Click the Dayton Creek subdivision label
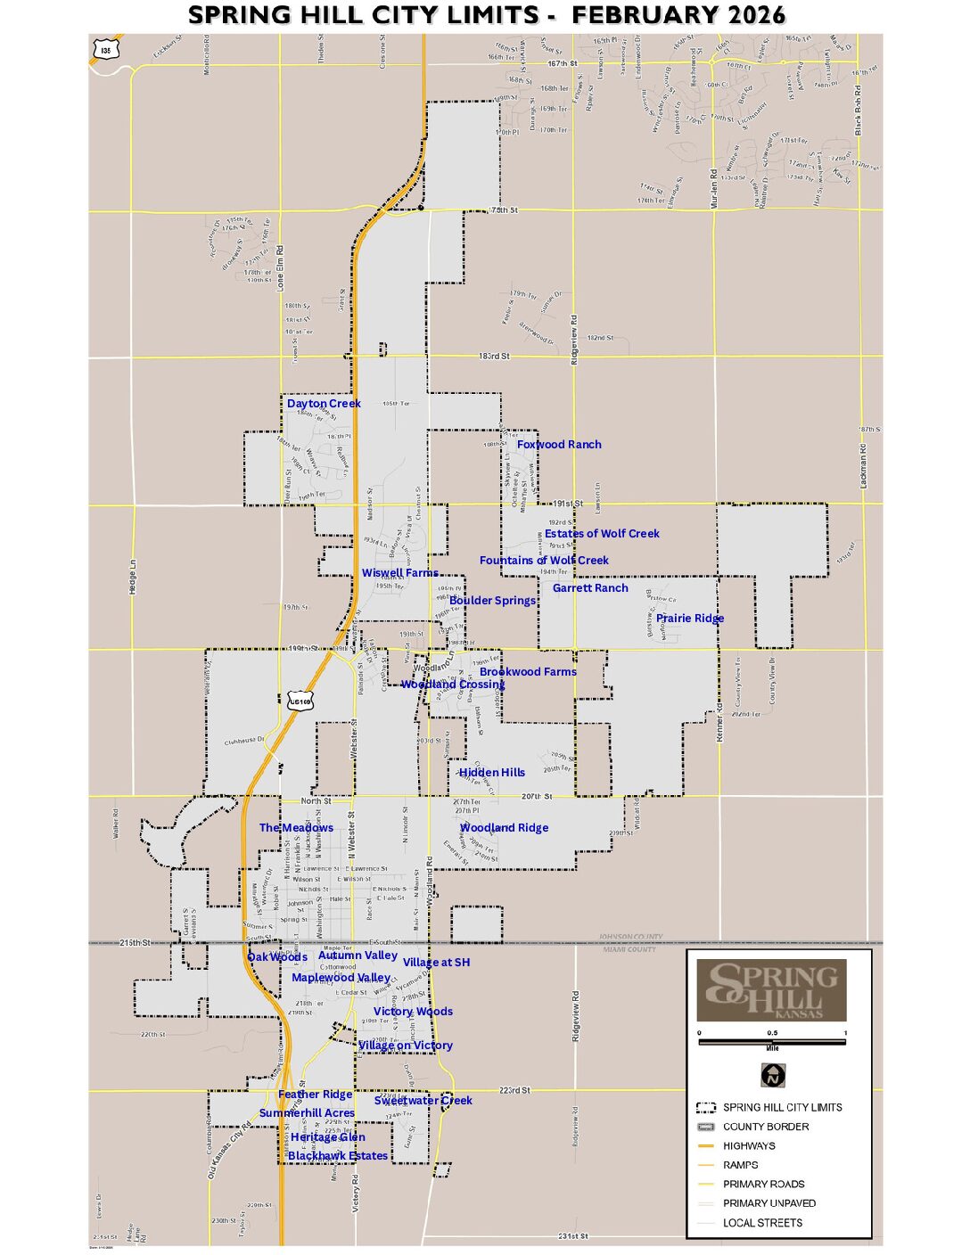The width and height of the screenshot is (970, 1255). pos(324,404)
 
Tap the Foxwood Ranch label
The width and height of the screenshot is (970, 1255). pos(559,445)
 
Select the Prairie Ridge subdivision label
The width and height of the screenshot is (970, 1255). pos(690,619)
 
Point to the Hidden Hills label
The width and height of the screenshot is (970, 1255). pos(492,773)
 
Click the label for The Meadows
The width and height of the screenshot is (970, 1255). pos(296,828)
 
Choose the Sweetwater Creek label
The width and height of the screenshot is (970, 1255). pos(423,1101)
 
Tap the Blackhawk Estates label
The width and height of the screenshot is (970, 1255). pos(338,1156)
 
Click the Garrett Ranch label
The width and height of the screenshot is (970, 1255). pos(590,588)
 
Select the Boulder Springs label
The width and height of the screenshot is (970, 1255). pos(492,601)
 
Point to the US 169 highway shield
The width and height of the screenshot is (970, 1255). pos(300,701)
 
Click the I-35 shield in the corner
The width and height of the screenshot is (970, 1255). pos(106,50)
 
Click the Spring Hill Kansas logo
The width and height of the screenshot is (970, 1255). pos(772,990)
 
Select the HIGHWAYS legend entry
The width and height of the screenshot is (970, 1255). pos(749,1146)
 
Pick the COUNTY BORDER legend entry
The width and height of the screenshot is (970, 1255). pos(765,1127)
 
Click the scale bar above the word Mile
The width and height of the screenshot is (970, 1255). pos(772,1041)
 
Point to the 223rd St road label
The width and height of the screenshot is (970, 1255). pos(514,1090)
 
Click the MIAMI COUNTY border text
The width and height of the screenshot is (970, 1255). pos(629,950)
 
